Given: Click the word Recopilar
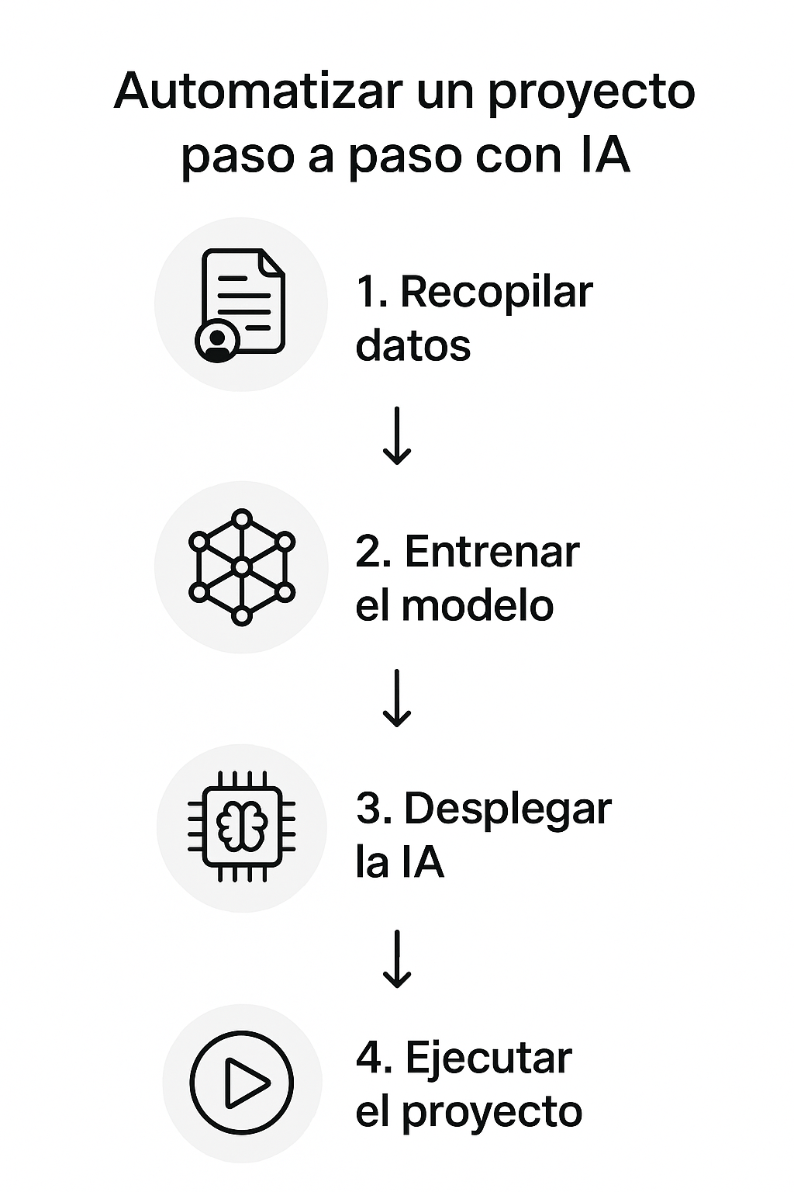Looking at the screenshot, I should [x=496, y=293].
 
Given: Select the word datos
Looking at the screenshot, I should [x=413, y=345].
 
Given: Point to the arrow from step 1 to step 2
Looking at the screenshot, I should [x=397, y=435].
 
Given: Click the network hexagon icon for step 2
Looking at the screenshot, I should [x=242, y=567].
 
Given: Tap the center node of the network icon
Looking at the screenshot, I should [x=242, y=567].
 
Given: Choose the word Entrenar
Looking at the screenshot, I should [x=492, y=553].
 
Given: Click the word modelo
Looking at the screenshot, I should [x=478, y=606].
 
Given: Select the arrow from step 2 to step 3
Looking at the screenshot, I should [x=397, y=698].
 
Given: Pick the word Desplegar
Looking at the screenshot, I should [x=508, y=810].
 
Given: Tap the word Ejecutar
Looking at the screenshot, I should [x=488, y=1059].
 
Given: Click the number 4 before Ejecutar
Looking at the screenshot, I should [x=368, y=1059].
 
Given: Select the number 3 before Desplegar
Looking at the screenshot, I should [x=370, y=809].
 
